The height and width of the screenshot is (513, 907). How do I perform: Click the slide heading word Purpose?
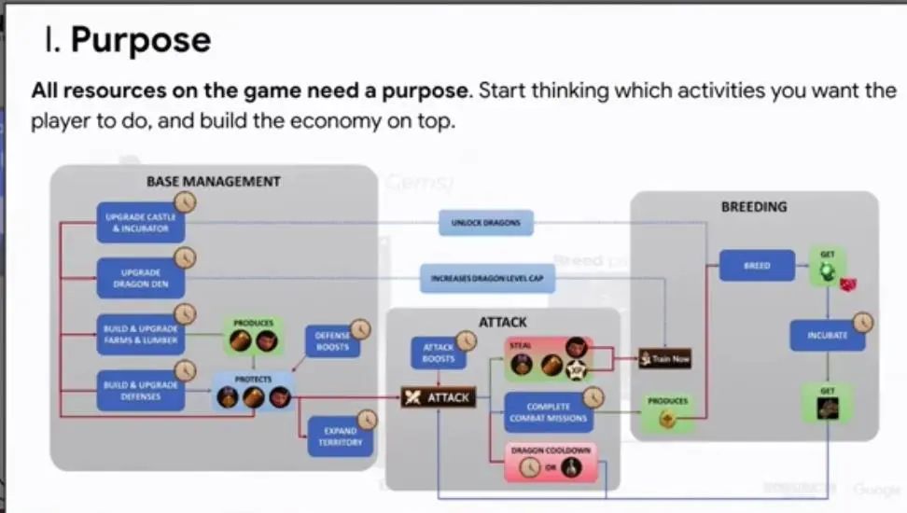click(x=140, y=41)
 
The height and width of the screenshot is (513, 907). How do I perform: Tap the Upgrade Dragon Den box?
click(x=140, y=277)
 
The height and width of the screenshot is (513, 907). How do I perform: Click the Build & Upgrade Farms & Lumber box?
click(x=140, y=334)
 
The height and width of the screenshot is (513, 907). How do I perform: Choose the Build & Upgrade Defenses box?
click(x=140, y=390)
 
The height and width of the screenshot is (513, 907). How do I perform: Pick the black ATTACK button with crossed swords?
click(x=438, y=397)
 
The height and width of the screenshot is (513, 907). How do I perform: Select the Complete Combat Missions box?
click(x=548, y=412)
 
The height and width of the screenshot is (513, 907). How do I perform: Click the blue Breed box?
click(x=757, y=266)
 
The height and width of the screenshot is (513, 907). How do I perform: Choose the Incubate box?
click(x=827, y=334)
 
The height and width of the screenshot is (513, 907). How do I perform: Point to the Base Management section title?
click(x=213, y=181)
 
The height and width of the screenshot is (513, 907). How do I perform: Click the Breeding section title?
click(x=754, y=206)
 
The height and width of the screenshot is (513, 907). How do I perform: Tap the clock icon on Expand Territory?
click(x=367, y=420)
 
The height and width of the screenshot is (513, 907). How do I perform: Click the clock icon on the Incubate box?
click(x=863, y=322)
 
